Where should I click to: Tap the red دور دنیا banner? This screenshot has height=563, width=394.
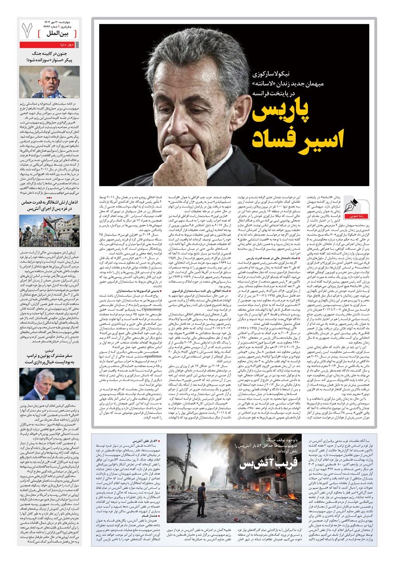(x=49, y=45)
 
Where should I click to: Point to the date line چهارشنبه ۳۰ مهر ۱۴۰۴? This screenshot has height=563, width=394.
(x=63, y=22)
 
